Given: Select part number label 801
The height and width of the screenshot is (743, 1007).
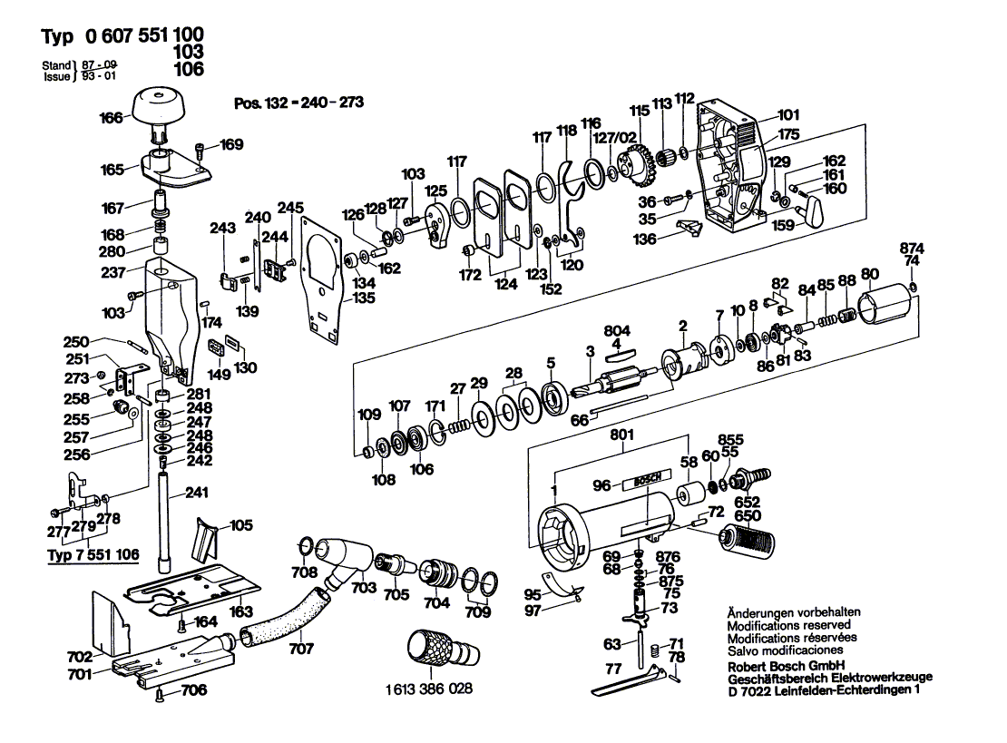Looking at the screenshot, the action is click(621, 435).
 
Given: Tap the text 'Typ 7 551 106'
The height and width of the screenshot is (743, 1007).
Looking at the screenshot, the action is click(93, 554).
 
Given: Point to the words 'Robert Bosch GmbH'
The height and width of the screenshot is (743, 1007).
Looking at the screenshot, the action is click(786, 666).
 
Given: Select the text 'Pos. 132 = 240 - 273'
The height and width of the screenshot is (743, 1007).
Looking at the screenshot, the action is click(298, 103).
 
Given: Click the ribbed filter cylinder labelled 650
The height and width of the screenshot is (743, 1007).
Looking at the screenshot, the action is click(747, 535).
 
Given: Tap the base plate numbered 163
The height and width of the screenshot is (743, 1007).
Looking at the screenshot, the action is click(192, 584).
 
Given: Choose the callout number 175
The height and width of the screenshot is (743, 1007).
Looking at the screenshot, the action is click(788, 134).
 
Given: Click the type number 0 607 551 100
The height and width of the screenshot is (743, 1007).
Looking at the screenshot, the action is click(144, 34).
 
